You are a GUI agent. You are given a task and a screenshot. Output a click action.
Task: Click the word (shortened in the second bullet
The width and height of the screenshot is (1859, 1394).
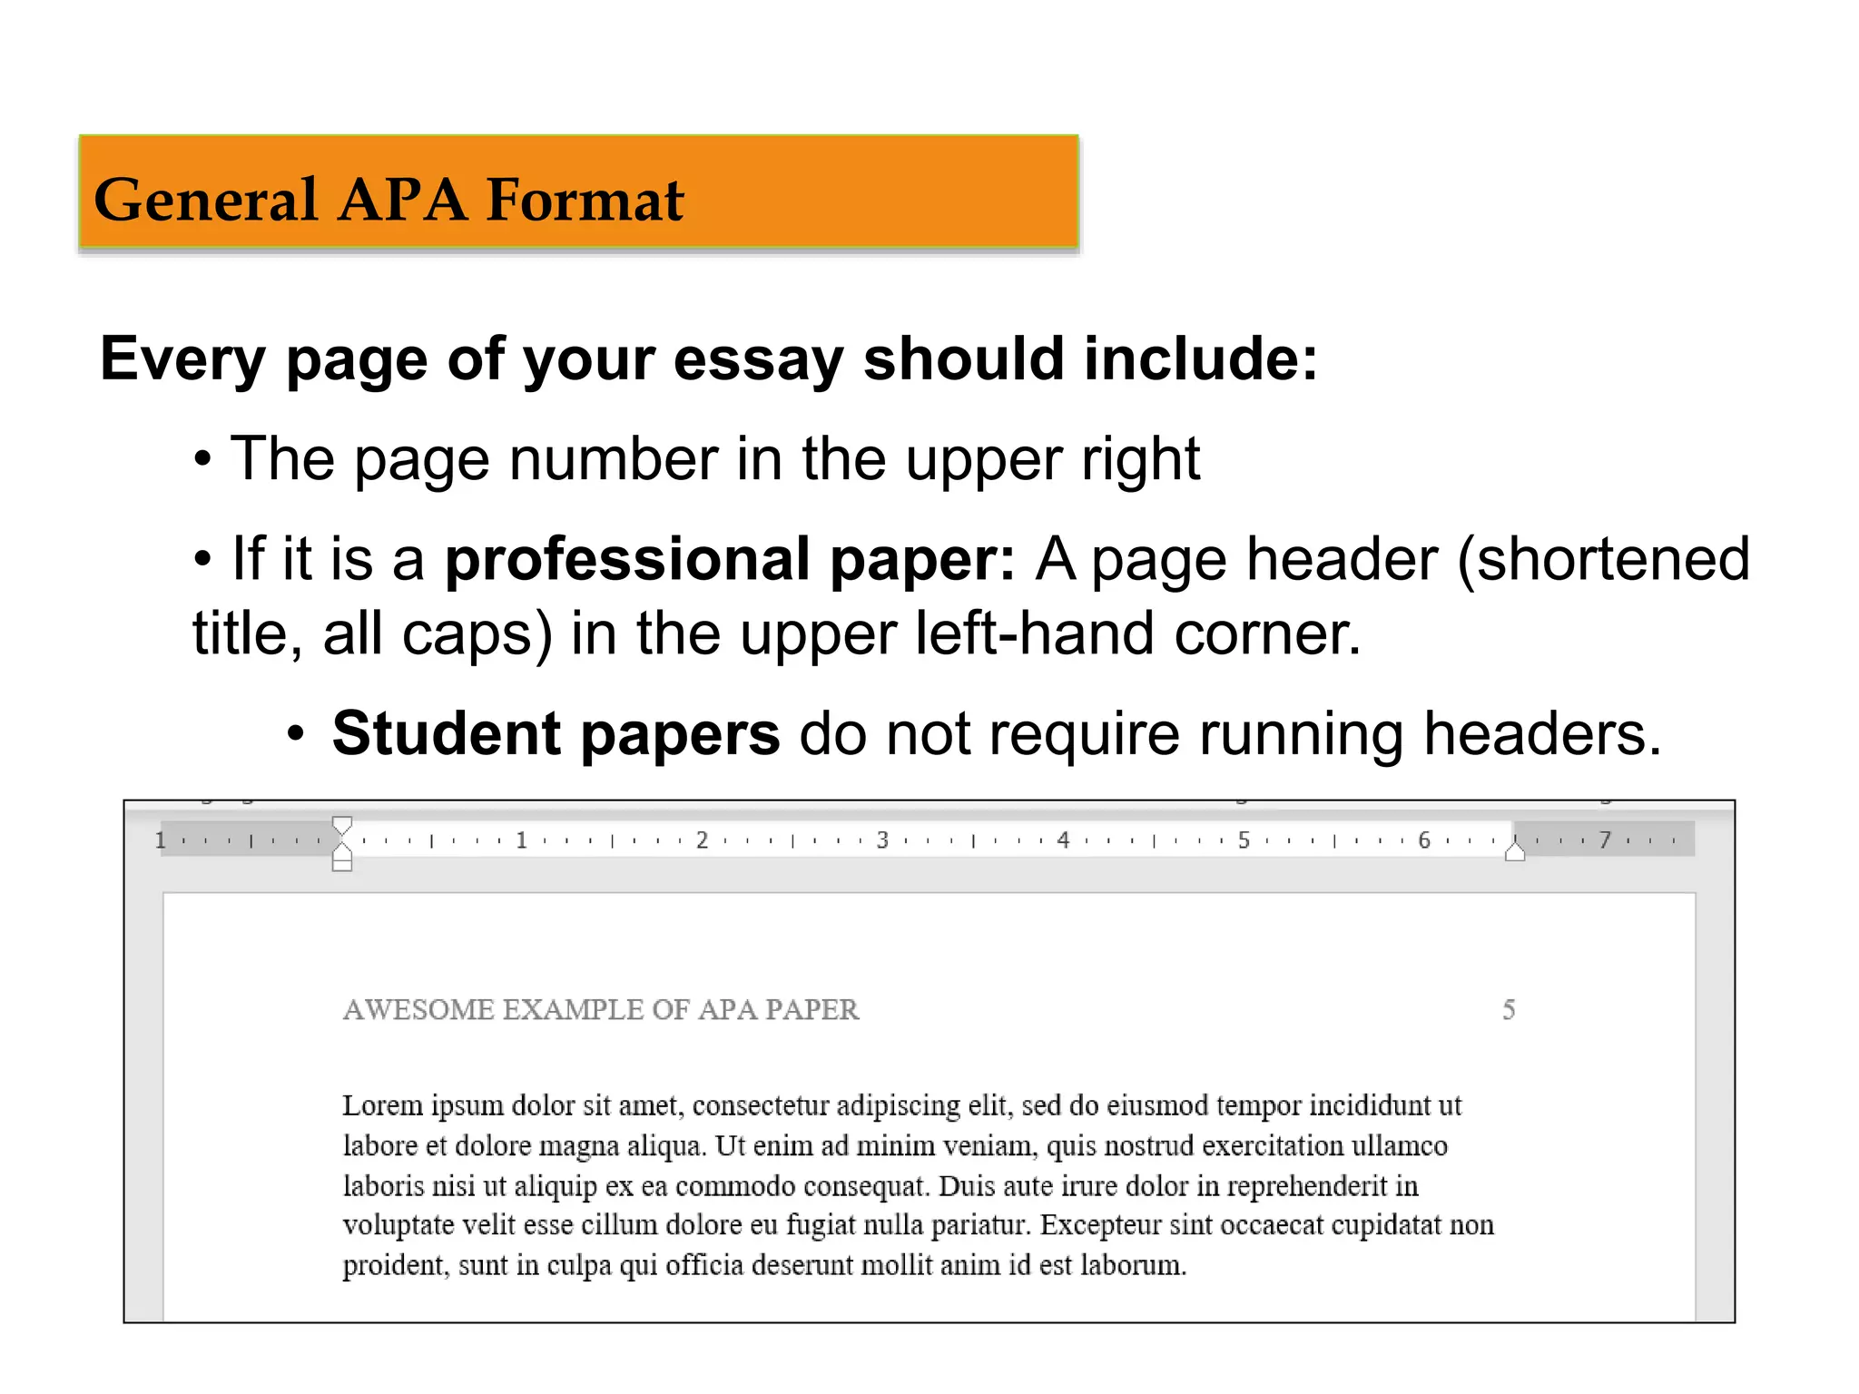1603,559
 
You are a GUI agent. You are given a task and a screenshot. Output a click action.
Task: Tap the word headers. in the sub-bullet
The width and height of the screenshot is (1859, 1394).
1542,733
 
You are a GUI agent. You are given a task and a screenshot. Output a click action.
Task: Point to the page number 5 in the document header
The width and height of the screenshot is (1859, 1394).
1509,1010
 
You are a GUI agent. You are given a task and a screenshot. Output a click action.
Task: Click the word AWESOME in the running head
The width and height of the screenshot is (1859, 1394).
418,1010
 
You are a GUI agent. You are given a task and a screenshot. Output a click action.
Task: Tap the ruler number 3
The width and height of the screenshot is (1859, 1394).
882,840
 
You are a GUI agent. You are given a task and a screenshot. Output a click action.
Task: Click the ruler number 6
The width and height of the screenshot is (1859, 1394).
1424,840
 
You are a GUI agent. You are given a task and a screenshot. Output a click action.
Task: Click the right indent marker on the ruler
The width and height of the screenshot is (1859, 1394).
1514,851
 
